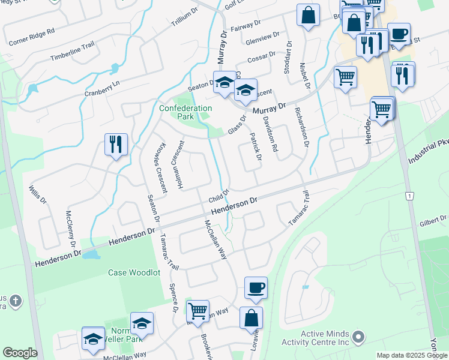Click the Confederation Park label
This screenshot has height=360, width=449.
coord(185,112)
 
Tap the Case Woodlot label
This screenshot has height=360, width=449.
coord(134,272)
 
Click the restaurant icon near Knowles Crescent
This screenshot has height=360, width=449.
coord(116,144)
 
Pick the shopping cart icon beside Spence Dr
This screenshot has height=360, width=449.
coord(197,311)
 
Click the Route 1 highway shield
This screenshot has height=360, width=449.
coord(409,196)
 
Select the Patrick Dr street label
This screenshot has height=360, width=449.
coord(256,147)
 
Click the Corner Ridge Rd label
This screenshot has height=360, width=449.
coord(31,37)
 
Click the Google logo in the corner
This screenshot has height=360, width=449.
coord(20,353)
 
